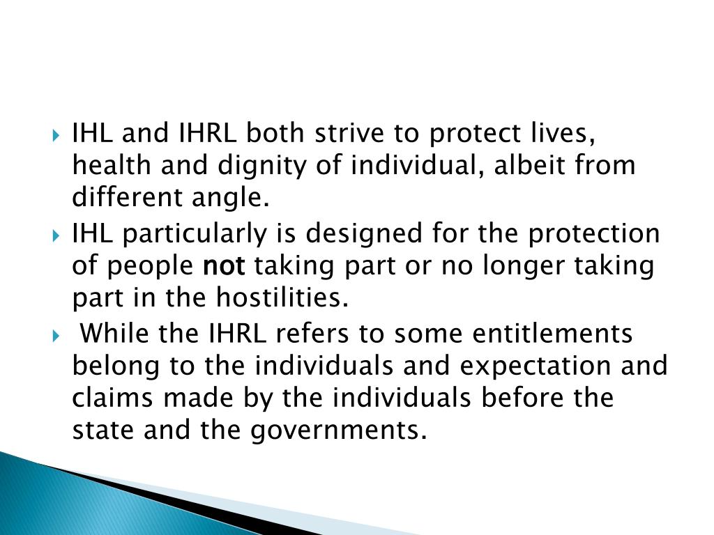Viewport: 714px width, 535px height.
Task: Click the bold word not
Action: pos(224,266)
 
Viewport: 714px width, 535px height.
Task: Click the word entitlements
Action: pos(553,333)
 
